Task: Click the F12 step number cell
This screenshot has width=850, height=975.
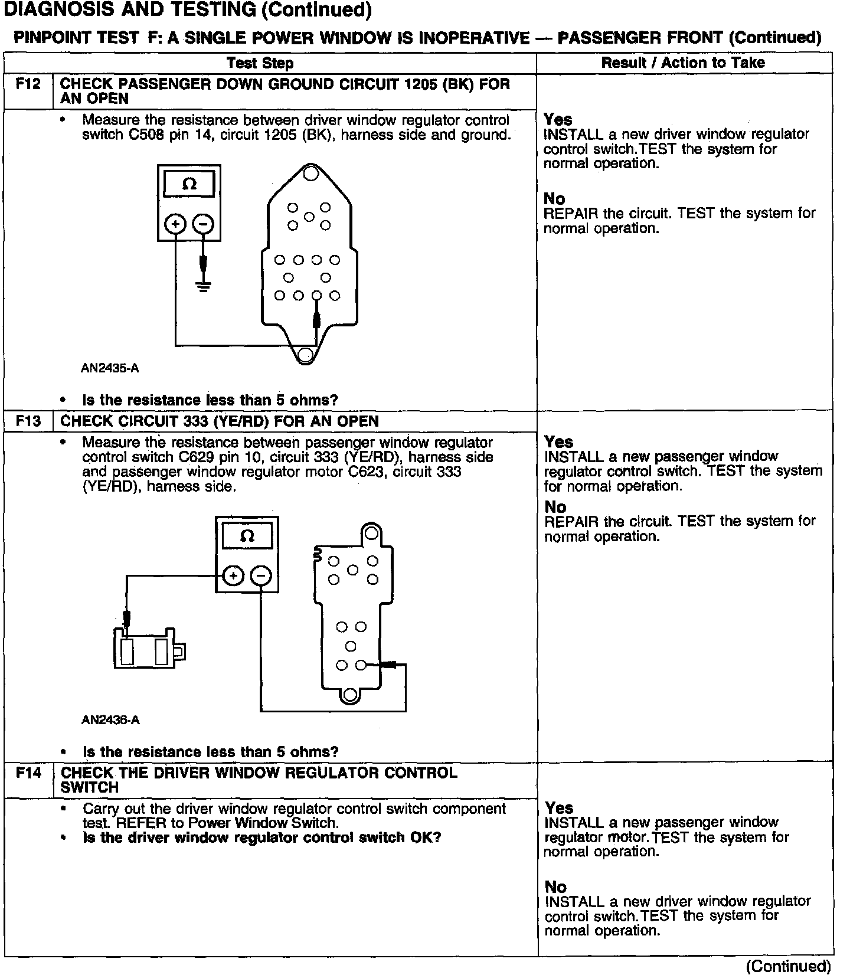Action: click(28, 84)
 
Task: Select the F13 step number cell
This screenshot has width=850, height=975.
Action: click(28, 421)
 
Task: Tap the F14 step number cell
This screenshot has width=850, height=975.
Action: click(28, 773)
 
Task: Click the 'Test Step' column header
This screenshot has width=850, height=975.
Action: click(260, 63)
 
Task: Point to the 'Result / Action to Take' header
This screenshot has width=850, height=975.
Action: click(683, 63)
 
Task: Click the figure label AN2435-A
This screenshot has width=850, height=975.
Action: click(110, 368)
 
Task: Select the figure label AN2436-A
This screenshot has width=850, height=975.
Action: click(110, 720)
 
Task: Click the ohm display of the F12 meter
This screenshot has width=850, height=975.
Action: click(189, 184)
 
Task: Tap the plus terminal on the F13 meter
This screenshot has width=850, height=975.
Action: click(234, 575)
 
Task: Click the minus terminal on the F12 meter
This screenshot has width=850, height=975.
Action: click(204, 224)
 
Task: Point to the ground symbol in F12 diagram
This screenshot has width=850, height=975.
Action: click(204, 287)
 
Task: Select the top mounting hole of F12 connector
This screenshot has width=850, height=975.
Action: click(310, 173)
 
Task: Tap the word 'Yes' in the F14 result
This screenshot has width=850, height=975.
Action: click(559, 807)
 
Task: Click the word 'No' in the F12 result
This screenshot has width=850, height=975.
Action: click(554, 199)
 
